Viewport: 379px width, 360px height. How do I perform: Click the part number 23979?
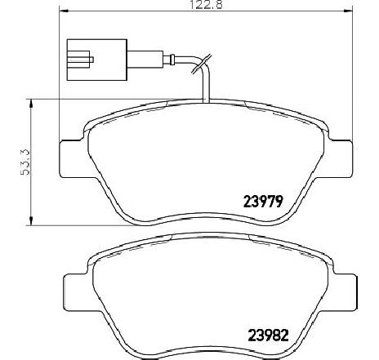point(263,202)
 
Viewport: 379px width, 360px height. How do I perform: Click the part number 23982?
point(268,336)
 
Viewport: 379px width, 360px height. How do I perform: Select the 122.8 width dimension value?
point(206,4)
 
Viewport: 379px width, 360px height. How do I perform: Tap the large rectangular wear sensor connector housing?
point(97,60)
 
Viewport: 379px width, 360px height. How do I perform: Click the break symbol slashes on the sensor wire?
point(202,64)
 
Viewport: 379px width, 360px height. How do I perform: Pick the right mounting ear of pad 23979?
point(339,159)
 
